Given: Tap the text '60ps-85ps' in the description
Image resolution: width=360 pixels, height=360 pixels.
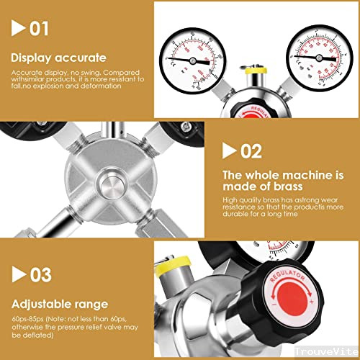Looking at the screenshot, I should coord(26,320).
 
